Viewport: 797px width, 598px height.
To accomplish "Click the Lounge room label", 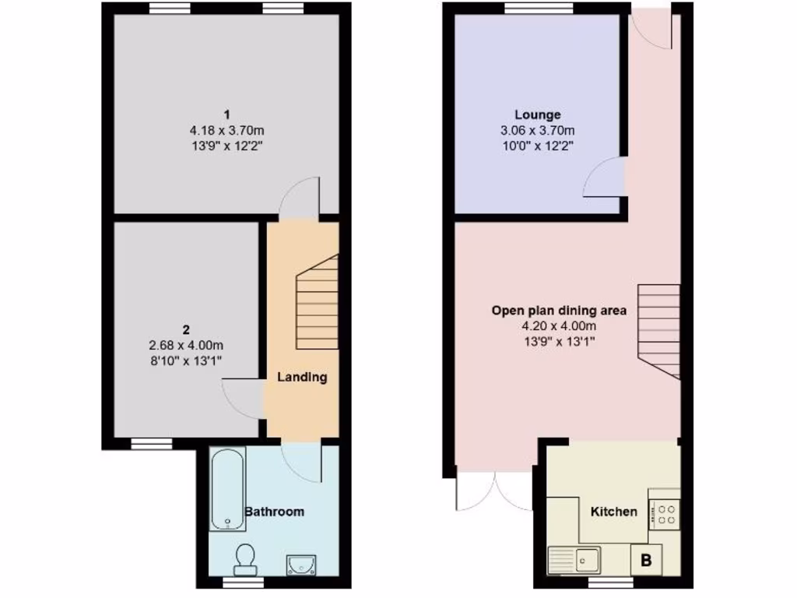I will tap(537, 114).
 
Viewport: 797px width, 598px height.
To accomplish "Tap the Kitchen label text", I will tap(614, 512).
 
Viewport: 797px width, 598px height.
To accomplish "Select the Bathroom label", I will tap(274, 512).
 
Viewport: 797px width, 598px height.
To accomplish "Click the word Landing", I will tap(303, 377).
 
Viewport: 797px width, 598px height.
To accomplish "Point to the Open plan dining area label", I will tap(559, 311).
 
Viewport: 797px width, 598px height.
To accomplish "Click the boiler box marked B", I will tap(646, 558).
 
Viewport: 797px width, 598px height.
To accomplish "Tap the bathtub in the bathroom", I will tap(228, 488).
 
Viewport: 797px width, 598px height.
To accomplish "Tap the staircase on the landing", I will tap(317, 304).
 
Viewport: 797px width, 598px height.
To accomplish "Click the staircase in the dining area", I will tap(659, 328).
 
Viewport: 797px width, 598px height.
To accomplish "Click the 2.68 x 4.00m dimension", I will tap(187, 345).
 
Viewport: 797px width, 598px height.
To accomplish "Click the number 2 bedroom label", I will tap(187, 329).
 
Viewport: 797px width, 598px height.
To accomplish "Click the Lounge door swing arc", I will tap(603, 176).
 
